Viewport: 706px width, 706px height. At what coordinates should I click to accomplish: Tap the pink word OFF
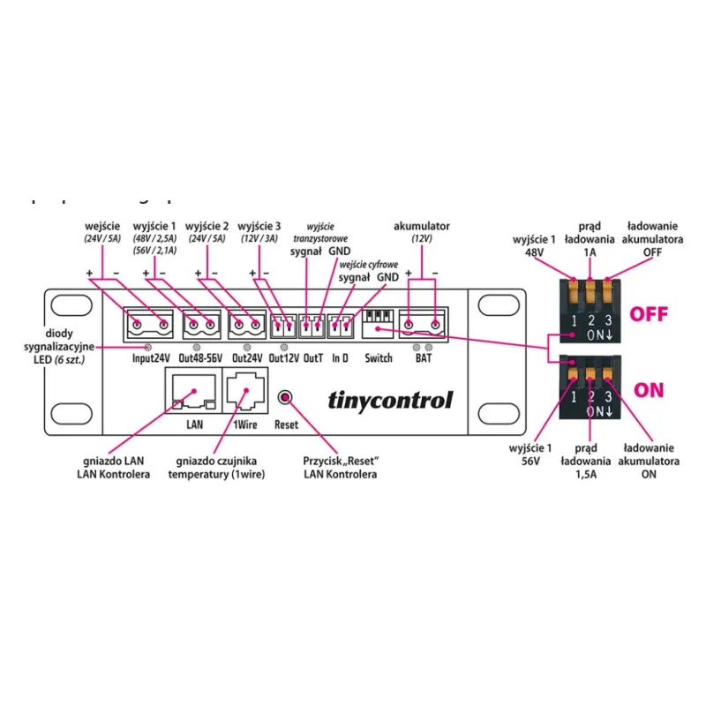649,313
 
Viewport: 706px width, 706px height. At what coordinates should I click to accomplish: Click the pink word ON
649,390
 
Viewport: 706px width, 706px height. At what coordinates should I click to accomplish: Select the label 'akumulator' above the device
421,226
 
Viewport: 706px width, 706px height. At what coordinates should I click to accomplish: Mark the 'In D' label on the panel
340,359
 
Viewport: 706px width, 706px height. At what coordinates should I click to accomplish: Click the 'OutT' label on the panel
312,359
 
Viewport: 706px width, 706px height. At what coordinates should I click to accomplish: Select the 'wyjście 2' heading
207,226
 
